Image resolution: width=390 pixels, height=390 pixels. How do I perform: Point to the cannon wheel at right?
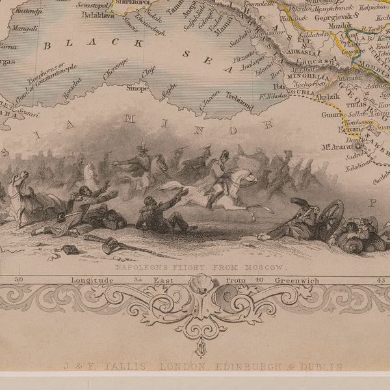(331, 218)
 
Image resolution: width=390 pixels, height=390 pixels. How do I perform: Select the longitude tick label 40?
(258, 280)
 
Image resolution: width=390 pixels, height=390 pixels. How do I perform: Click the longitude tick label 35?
(137, 280)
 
